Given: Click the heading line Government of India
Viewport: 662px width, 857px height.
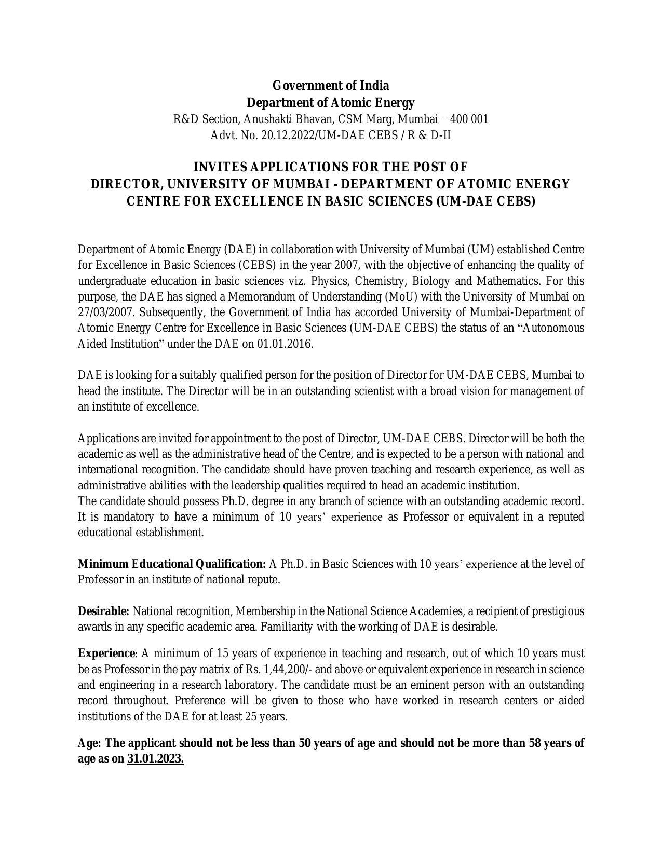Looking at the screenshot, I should (x=331, y=85).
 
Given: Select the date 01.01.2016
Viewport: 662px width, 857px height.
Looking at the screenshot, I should (x=285, y=344).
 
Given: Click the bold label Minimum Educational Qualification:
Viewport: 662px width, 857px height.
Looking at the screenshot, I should (x=172, y=564).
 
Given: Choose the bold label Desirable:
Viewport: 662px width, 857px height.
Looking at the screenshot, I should (x=103, y=611).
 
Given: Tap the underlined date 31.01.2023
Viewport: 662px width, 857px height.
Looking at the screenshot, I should (x=155, y=759).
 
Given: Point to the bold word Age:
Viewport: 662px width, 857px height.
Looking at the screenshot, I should (x=89, y=743).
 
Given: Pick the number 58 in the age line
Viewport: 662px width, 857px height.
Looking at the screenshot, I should (x=535, y=743).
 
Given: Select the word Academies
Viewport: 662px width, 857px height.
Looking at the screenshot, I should (x=435, y=611).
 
